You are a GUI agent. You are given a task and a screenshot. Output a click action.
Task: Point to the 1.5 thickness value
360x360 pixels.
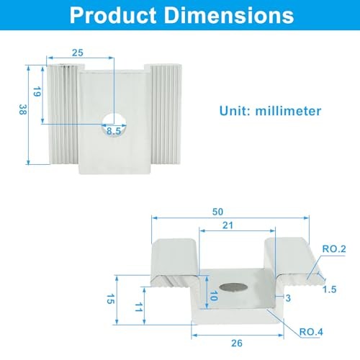[329, 289]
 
